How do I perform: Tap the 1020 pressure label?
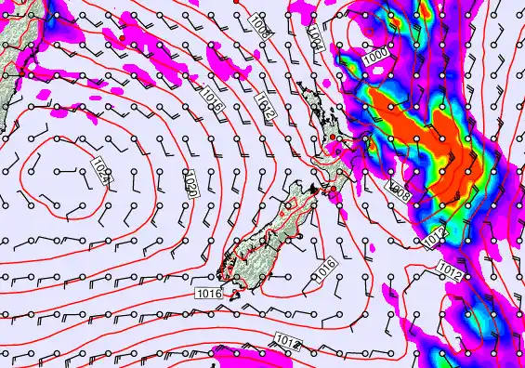tap(190, 184)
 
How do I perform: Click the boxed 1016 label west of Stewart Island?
tap(208, 294)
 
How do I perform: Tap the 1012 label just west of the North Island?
tap(265, 109)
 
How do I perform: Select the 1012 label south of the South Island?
tap(288, 343)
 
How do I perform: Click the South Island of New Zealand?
tap(269, 232)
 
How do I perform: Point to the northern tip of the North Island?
tap(299, 88)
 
